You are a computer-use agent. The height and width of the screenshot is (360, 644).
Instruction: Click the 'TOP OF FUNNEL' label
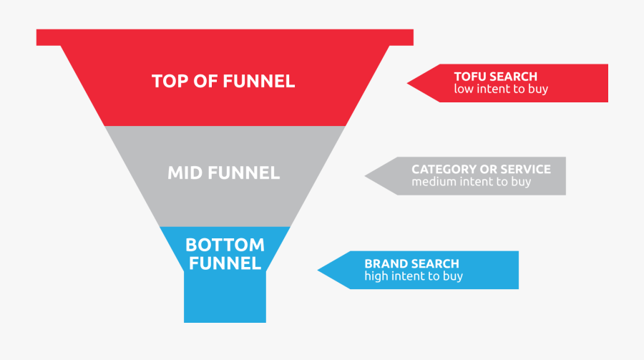coord(223,81)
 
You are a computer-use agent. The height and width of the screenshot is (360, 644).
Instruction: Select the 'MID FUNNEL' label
coord(223,172)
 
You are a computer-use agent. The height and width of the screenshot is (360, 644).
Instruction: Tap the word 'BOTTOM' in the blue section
coord(224,245)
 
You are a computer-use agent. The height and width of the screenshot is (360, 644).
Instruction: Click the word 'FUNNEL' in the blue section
coord(224,263)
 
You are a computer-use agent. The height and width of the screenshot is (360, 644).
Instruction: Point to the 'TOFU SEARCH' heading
coord(495,76)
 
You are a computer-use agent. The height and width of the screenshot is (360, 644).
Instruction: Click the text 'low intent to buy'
coord(501,89)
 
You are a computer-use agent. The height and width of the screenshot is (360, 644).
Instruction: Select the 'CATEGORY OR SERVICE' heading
coord(481,169)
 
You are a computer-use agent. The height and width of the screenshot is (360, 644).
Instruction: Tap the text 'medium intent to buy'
coord(471,182)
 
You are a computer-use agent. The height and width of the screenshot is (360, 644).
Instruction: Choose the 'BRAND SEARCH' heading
coord(411,263)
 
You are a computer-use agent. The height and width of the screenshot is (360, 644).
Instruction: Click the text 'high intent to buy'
coord(414,276)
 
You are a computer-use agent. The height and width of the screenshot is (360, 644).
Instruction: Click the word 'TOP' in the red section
coord(169,81)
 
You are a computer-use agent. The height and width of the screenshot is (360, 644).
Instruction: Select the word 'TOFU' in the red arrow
coord(470,76)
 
